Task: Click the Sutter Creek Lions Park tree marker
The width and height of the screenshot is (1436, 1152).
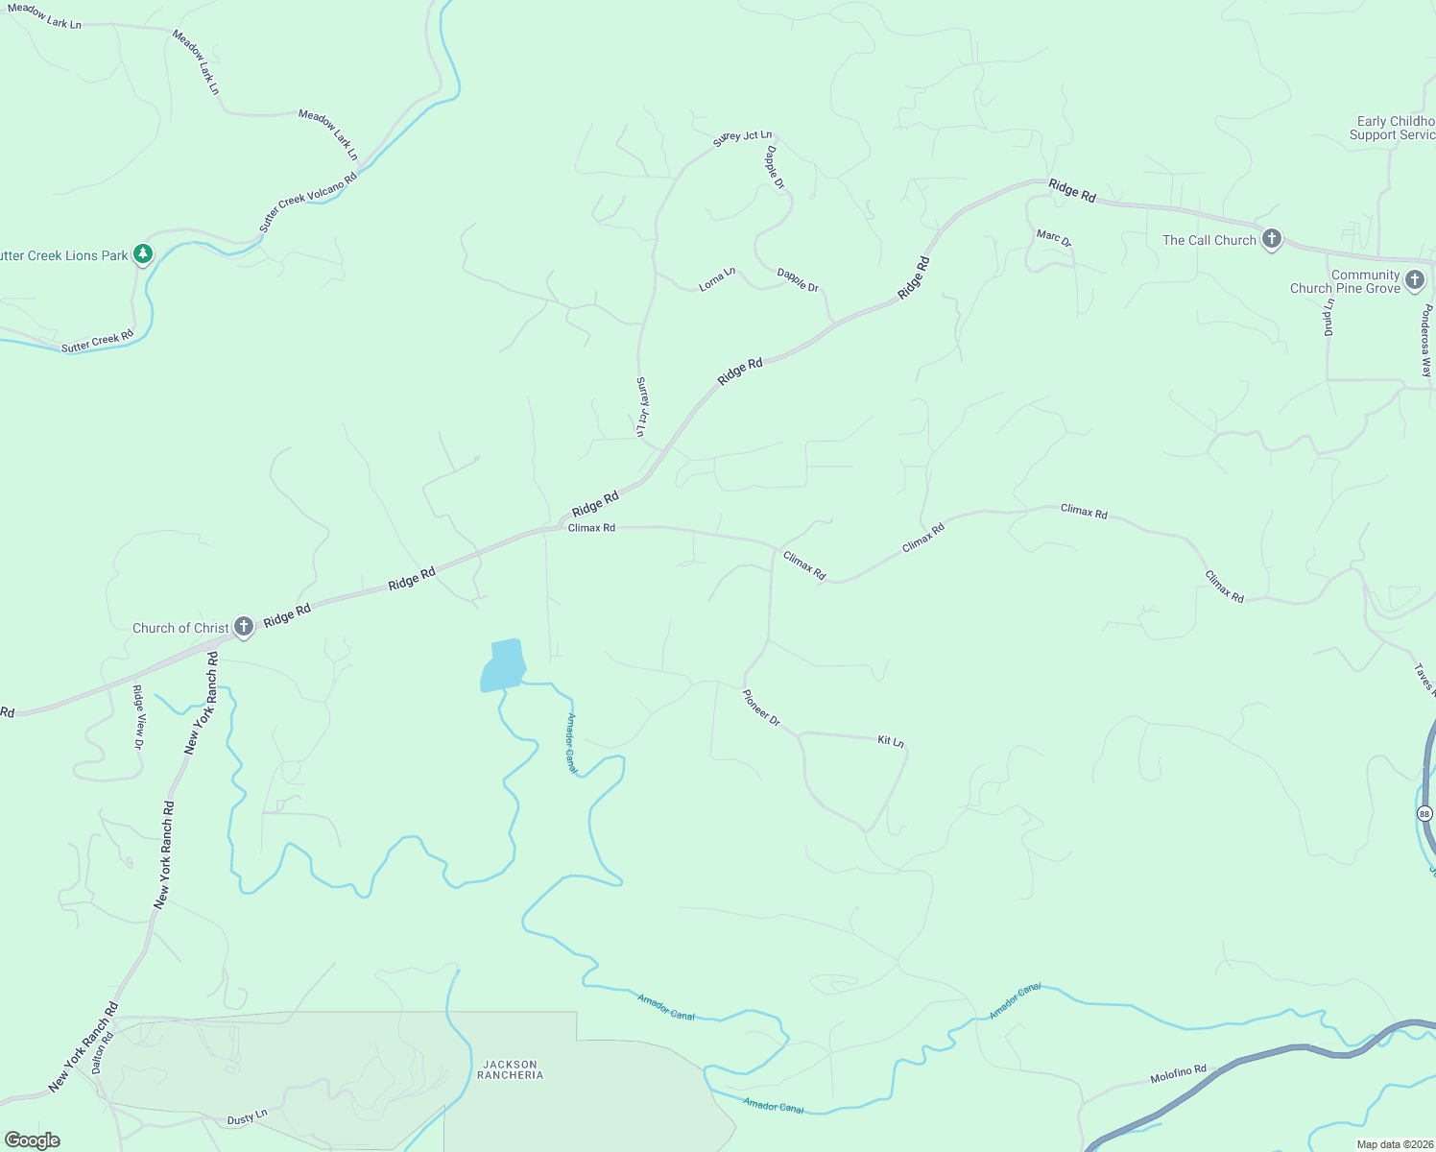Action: pos(143,254)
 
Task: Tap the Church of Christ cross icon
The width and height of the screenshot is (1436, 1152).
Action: pos(244,628)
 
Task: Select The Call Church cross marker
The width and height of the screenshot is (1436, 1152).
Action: pos(1272,239)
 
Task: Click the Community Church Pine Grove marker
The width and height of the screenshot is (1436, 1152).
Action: pos(1414,280)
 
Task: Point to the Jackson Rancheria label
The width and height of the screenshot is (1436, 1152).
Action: pos(510,1069)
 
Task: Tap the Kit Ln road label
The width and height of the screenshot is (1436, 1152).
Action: pos(891,741)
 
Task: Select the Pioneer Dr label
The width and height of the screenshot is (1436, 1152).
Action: pos(761,708)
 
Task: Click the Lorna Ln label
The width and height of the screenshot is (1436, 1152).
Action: pos(717,279)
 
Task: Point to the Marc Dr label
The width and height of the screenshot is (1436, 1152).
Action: pos(1053,238)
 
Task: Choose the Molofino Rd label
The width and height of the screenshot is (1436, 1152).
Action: pos(1178,1074)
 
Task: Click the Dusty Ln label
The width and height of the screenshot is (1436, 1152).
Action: pos(247,1117)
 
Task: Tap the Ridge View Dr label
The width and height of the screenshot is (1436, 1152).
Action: pos(138,717)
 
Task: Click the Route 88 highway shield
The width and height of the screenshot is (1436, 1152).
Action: pos(1424,814)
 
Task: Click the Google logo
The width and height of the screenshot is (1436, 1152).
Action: pos(33,1140)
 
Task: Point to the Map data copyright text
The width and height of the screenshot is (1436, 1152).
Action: pos(1394,1144)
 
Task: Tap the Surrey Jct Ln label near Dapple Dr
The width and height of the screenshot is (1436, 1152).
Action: pos(742,138)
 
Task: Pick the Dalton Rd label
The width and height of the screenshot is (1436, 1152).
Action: pos(103,1052)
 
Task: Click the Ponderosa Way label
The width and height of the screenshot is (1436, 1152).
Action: pos(1427,341)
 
